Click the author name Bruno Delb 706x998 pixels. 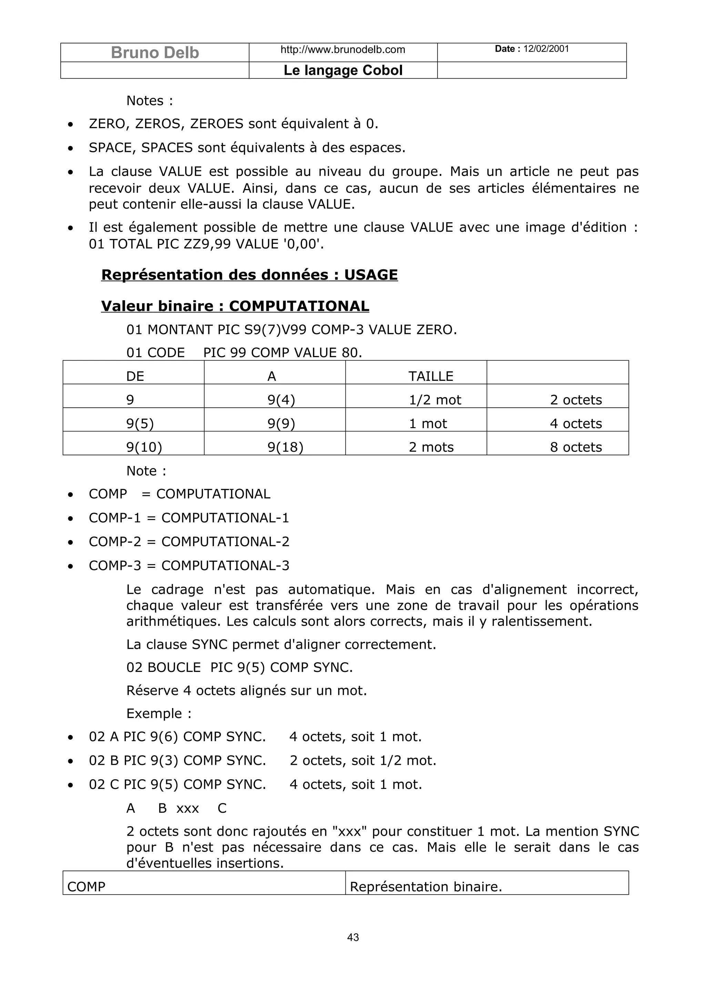click(155, 53)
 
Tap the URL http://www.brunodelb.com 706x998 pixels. click(343, 50)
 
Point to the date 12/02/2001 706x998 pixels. click(546, 49)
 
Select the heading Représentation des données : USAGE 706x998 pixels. click(249, 275)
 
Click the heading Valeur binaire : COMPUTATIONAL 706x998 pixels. click(235, 306)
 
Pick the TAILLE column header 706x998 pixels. click(431, 376)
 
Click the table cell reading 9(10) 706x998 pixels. click(144, 447)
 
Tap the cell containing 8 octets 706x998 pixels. click(575, 447)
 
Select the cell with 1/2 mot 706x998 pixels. click(435, 400)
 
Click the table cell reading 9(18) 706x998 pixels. click(285, 447)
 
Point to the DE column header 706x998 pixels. click(135, 376)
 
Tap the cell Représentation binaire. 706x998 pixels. click(425, 887)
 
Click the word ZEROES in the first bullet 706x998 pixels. click(216, 124)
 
